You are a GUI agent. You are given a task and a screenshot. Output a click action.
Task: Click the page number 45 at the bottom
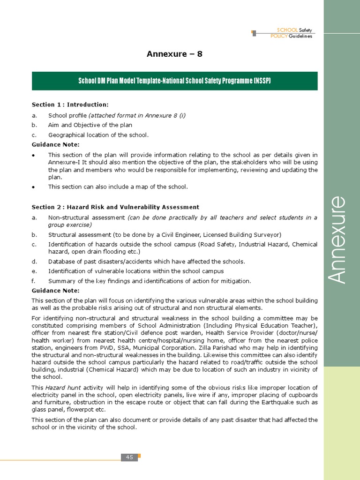pos(130,457)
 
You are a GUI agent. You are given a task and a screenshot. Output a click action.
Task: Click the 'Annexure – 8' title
pos(174,54)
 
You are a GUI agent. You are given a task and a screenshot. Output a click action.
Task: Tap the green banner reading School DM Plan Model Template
pos(174,81)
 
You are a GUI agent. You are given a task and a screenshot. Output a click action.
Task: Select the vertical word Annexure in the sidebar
pos(337,239)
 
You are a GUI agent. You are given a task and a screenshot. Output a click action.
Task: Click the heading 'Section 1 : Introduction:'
pos(70,105)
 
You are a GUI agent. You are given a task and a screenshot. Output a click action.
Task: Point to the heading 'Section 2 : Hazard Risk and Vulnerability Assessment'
pos(115,207)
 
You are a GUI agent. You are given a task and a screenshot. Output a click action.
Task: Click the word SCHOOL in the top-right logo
pos(287,30)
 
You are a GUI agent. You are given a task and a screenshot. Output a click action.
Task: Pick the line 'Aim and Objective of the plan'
pos(90,125)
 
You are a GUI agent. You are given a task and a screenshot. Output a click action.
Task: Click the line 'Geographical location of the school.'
pos(98,135)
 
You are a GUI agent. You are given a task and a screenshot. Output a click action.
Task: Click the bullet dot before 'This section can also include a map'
pos(34,187)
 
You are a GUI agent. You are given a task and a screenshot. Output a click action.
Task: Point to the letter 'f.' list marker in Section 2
pos(34,281)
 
